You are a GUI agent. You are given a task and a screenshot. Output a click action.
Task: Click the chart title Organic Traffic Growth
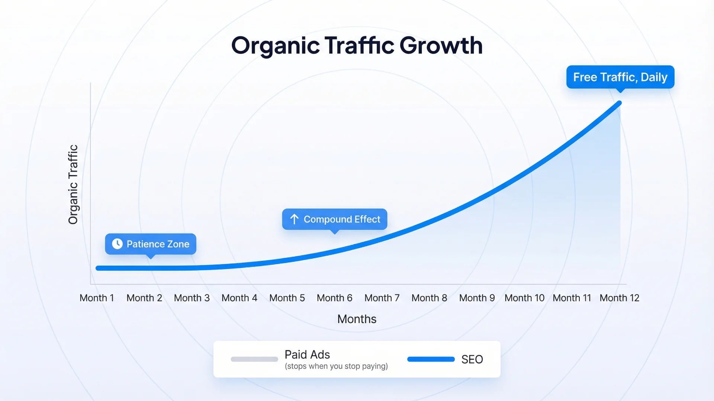357,45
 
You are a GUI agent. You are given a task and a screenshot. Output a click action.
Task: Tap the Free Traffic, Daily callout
620,77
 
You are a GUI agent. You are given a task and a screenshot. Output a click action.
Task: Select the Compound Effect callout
334,219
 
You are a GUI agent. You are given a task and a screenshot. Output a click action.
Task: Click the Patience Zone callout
151,244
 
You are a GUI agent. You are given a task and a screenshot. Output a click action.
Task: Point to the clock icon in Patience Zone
117,244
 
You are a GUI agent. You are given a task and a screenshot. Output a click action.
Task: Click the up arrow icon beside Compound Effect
294,219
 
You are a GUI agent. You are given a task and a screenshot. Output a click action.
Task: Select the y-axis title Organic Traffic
73,185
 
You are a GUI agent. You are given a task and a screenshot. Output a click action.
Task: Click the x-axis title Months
357,319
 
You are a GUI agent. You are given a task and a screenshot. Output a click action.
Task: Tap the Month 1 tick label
97,298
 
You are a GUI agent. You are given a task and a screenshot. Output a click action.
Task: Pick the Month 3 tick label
192,298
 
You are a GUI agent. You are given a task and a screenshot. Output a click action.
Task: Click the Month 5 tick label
287,298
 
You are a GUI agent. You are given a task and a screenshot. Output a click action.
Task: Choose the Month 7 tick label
382,298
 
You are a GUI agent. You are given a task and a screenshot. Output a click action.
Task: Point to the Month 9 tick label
477,298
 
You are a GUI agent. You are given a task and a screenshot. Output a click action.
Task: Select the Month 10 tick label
524,298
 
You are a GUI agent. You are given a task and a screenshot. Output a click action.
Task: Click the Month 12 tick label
620,298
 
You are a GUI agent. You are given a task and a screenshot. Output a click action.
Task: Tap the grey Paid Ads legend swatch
254,359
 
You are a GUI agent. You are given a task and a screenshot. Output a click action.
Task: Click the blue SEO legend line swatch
431,359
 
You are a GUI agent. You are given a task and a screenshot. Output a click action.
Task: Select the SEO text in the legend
472,359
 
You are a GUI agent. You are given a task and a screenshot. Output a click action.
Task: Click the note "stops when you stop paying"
336,366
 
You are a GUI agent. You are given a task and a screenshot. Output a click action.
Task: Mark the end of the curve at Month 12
619,103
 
